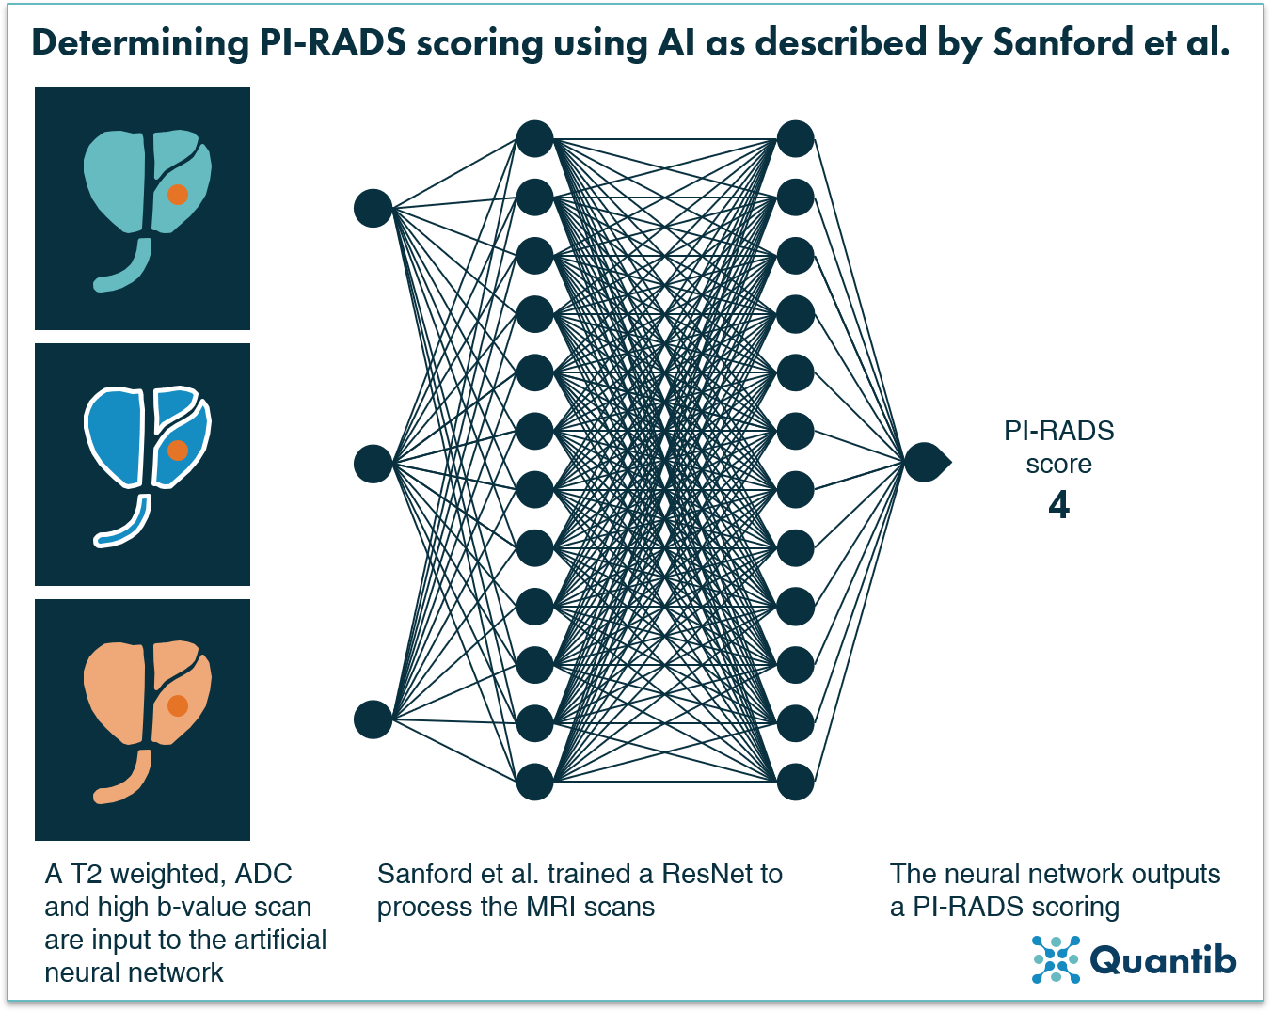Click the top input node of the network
[x=373, y=208]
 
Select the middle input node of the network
[x=373, y=464]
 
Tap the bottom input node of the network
[x=373, y=719]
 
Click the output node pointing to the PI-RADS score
[x=924, y=462]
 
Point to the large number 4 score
[x=1058, y=505]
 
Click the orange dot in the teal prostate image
[x=177, y=195]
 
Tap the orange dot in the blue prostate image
[x=177, y=451]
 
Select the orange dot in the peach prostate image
[x=177, y=705]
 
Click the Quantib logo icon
[x=1056, y=959]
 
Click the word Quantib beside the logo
[x=1163, y=960]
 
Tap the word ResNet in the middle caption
[x=707, y=874]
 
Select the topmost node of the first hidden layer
[x=534, y=139]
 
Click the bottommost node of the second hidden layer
[x=795, y=782]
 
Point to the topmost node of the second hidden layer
[x=795, y=139]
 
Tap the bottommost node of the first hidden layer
[x=534, y=782]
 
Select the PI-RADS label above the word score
[x=1058, y=431]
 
